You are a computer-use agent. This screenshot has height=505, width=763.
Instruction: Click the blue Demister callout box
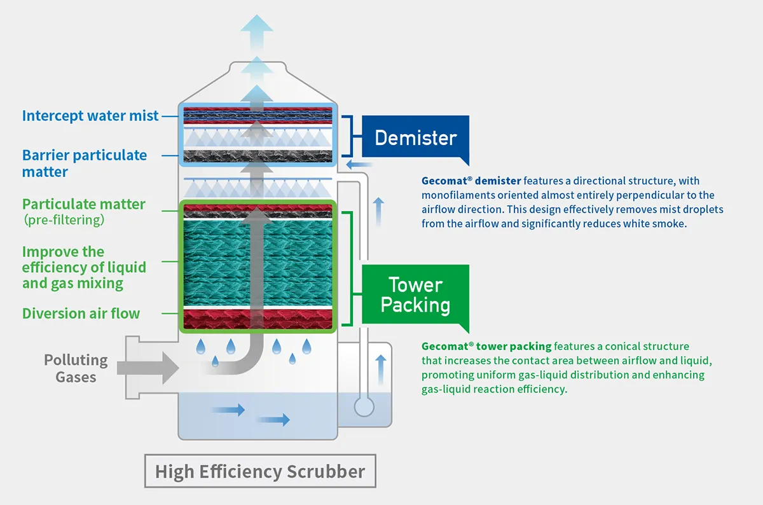click(x=416, y=137)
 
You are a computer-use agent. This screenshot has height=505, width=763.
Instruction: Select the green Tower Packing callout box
click(x=415, y=294)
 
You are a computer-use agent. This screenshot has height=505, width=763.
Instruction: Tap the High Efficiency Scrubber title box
click(x=260, y=472)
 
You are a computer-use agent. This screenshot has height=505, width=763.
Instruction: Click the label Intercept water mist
click(x=90, y=116)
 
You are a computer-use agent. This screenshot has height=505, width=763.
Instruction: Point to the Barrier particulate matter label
click(x=84, y=163)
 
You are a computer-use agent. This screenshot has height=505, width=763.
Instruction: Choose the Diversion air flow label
click(x=81, y=314)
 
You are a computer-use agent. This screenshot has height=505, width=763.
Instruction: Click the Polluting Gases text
click(x=76, y=368)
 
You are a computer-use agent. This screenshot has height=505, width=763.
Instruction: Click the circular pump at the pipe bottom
click(x=364, y=406)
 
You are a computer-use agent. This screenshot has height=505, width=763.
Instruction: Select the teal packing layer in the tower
click(x=257, y=261)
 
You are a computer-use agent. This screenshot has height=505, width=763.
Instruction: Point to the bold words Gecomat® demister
click(x=464, y=181)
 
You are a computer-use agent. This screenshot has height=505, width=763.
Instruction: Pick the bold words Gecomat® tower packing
click(x=486, y=347)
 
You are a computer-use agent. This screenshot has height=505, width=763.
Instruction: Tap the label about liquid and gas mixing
click(x=83, y=267)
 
